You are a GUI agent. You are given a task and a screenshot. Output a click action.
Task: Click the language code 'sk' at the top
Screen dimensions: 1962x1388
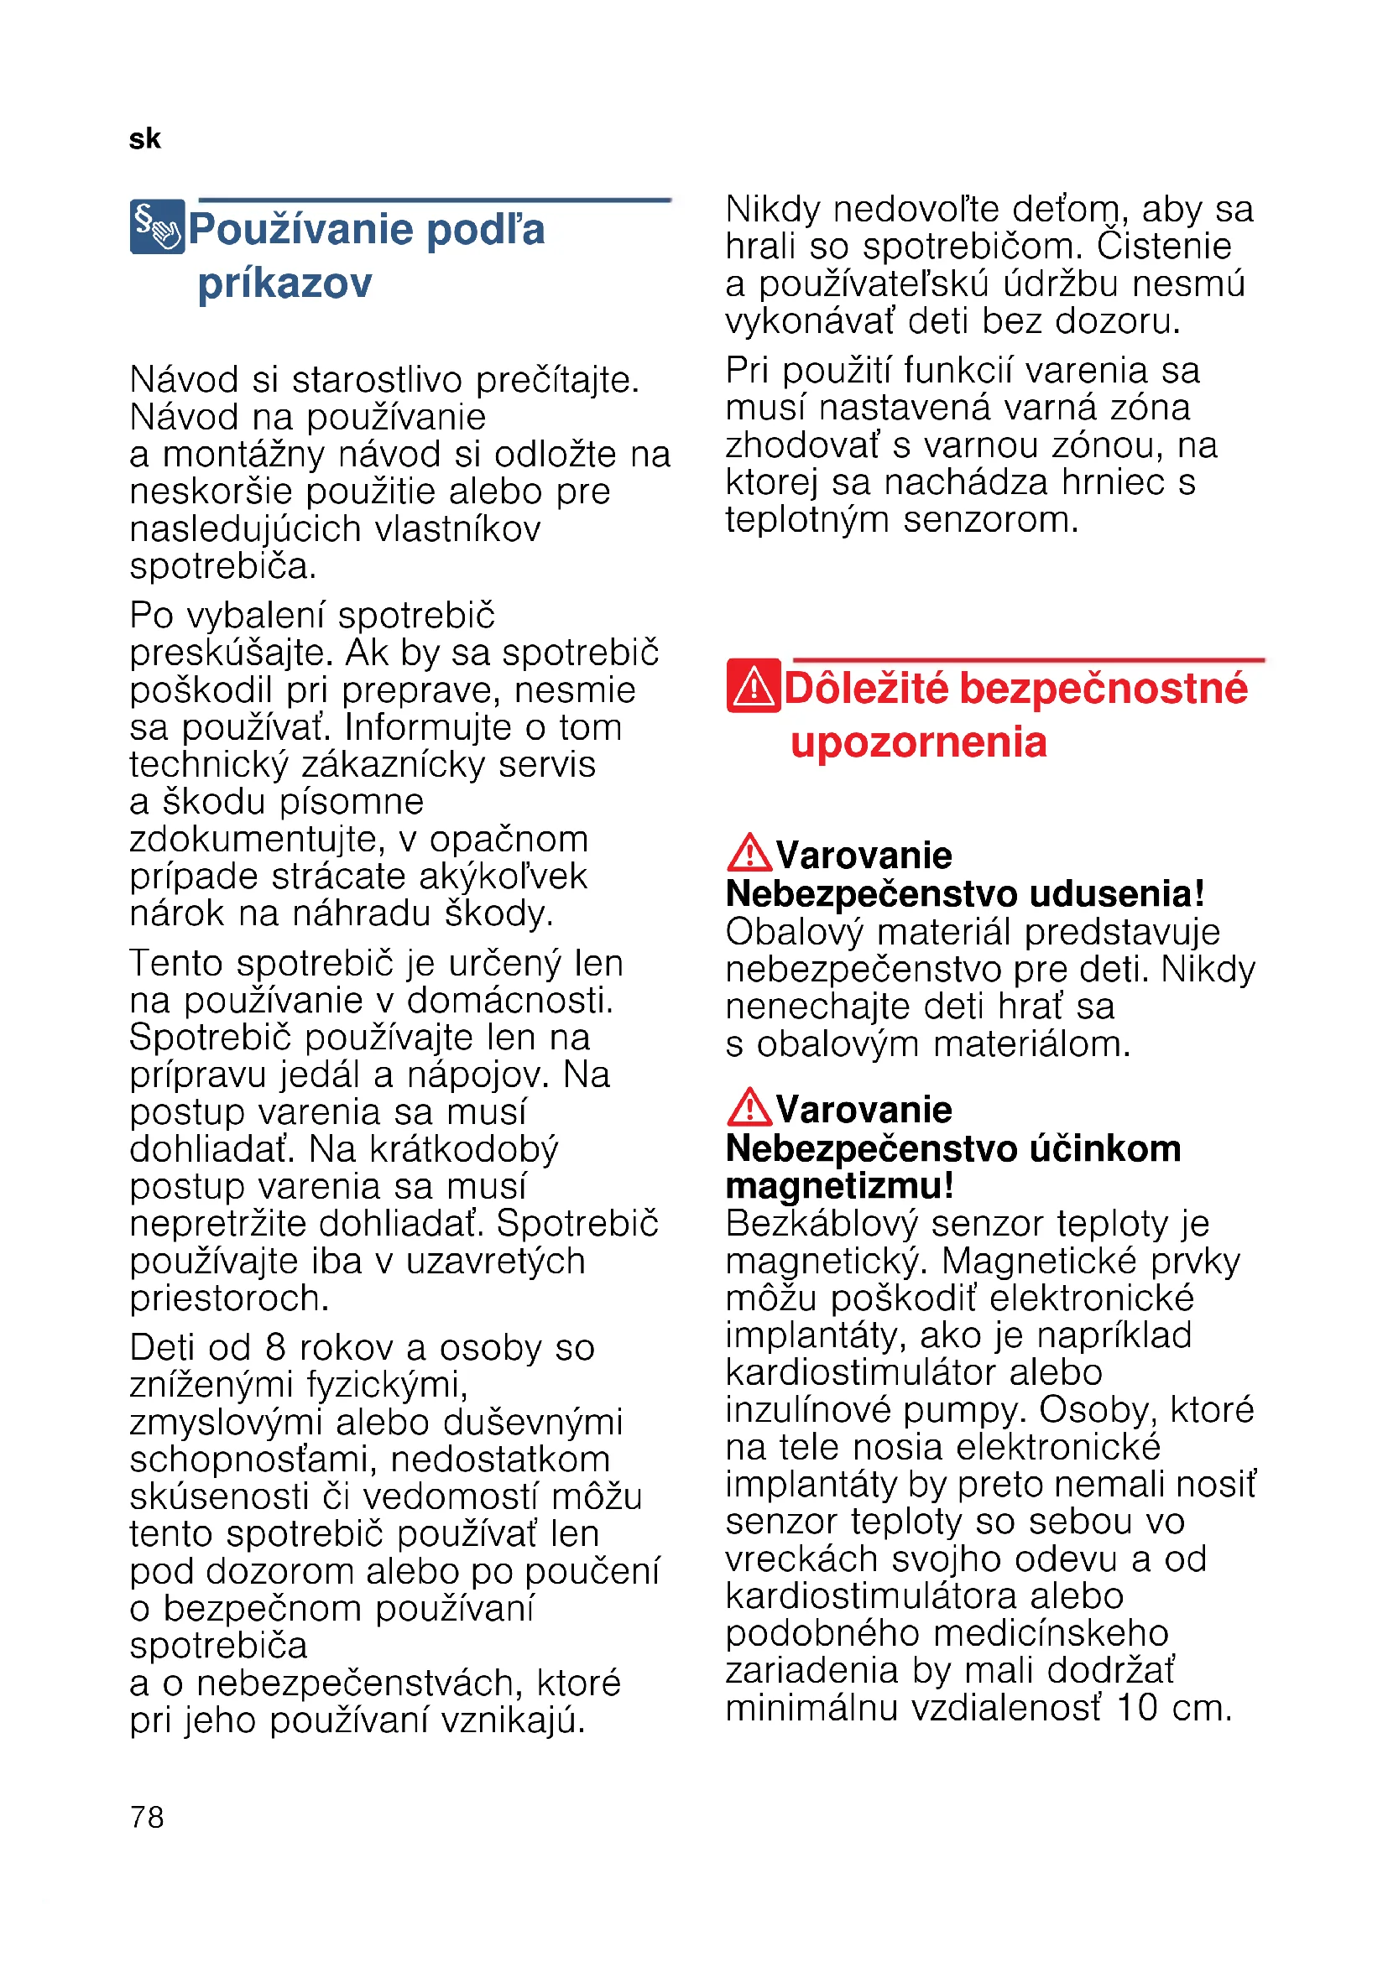[144, 139]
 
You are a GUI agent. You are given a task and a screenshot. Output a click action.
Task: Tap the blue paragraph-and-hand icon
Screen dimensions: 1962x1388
[157, 226]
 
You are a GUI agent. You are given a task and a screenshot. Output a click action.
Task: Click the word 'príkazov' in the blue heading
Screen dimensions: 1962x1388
[284, 283]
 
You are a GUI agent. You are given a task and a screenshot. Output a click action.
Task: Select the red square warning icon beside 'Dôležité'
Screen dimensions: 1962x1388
[753, 685]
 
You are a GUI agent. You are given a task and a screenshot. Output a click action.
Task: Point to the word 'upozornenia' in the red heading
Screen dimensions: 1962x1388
[918, 742]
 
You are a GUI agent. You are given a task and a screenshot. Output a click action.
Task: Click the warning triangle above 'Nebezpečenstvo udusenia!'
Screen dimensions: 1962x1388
[749, 853]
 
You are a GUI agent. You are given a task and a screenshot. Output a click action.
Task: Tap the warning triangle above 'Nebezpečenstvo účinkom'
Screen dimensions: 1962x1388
[749, 1107]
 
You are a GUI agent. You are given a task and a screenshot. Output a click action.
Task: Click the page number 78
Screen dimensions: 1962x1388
[147, 1817]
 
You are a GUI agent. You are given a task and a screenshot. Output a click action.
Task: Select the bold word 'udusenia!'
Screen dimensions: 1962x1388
[1116, 894]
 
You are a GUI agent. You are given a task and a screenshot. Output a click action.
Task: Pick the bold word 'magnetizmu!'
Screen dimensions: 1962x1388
[839, 1186]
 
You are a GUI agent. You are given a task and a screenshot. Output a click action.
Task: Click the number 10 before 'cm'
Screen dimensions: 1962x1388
[1138, 1708]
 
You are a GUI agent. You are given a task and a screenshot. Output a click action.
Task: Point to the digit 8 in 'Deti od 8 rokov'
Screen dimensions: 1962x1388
[274, 1348]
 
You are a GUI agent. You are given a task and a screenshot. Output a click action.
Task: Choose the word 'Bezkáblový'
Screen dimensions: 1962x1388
[822, 1224]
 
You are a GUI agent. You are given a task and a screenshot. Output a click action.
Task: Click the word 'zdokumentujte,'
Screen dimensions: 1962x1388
[255, 839]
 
